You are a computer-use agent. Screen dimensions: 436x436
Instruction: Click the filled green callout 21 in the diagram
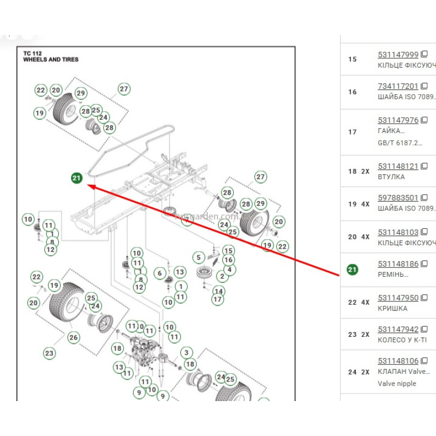(76, 178)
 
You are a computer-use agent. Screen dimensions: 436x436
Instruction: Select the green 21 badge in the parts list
(353, 269)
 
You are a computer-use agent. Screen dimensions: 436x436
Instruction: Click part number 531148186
(398, 264)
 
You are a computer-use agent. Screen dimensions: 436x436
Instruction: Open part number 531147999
(398, 55)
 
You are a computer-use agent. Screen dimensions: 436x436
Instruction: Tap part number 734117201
(398, 86)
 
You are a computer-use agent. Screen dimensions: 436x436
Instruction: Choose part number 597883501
(398, 198)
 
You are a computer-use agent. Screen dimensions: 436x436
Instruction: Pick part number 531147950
(398, 298)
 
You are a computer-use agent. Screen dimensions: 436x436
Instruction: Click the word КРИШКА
(392, 308)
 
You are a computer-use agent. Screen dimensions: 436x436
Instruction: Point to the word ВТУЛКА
(391, 177)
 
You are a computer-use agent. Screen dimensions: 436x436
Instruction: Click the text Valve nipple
(397, 384)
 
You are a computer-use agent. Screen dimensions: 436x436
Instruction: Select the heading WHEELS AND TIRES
(51, 59)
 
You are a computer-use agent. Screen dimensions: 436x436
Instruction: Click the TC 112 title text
(33, 53)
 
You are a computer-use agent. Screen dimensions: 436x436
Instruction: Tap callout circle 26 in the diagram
(74, 337)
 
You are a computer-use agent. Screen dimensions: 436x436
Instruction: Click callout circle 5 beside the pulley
(198, 257)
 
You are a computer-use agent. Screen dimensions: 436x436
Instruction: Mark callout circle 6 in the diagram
(160, 273)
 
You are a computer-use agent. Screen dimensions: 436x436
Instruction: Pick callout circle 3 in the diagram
(186, 353)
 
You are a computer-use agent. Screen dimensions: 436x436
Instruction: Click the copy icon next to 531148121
(425, 166)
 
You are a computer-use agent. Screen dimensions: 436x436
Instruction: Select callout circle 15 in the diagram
(228, 251)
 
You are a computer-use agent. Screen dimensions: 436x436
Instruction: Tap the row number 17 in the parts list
(352, 132)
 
